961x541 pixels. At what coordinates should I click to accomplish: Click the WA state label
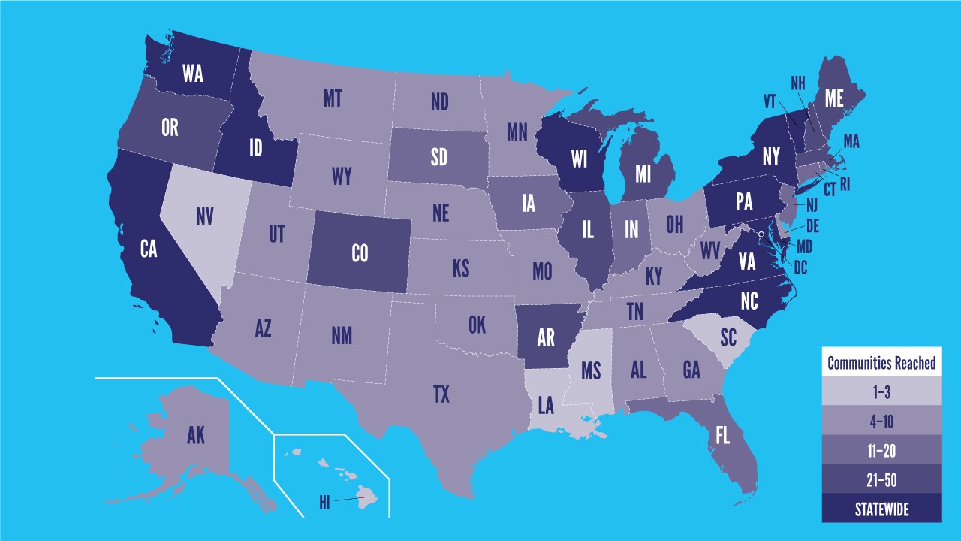(193, 74)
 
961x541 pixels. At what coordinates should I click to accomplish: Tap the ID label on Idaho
(255, 148)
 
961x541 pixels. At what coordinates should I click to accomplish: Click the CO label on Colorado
(360, 254)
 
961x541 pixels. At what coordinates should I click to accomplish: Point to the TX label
(441, 394)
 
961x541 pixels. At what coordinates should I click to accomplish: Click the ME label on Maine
(834, 98)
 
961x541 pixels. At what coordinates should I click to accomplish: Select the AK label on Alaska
(195, 435)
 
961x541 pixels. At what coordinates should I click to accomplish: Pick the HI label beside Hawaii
(324, 503)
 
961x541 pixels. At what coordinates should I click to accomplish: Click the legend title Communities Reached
(881, 364)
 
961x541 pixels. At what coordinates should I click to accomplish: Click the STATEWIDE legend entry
(881, 509)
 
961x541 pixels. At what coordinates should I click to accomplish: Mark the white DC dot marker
(762, 236)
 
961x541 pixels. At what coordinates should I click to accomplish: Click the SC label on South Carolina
(728, 337)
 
